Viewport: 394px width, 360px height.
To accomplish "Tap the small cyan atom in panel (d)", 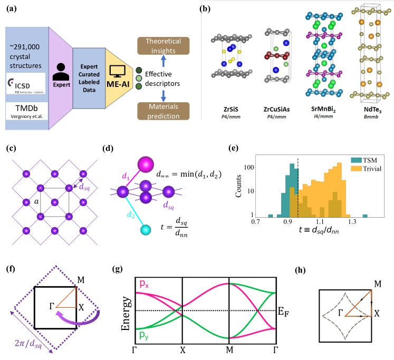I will (x=145, y=230).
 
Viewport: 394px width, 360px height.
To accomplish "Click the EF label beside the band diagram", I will (x=282, y=311).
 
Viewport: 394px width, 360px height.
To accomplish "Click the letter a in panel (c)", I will (x=35, y=201).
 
